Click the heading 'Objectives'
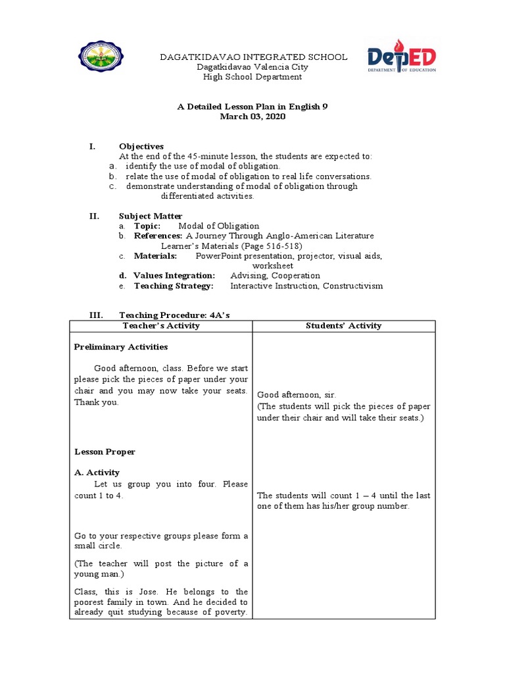(x=141, y=146)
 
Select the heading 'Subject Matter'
(x=151, y=216)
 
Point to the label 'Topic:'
(x=147, y=226)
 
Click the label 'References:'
(x=158, y=236)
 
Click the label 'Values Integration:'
(x=174, y=276)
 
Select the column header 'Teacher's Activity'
(x=161, y=326)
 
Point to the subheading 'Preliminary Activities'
(x=121, y=347)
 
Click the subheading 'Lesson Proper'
(x=105, y=452)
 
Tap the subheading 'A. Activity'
(x=97, y=473)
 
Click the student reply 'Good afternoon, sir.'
(x=297, y=395)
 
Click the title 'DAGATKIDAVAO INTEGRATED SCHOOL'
(x=254, y=57)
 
